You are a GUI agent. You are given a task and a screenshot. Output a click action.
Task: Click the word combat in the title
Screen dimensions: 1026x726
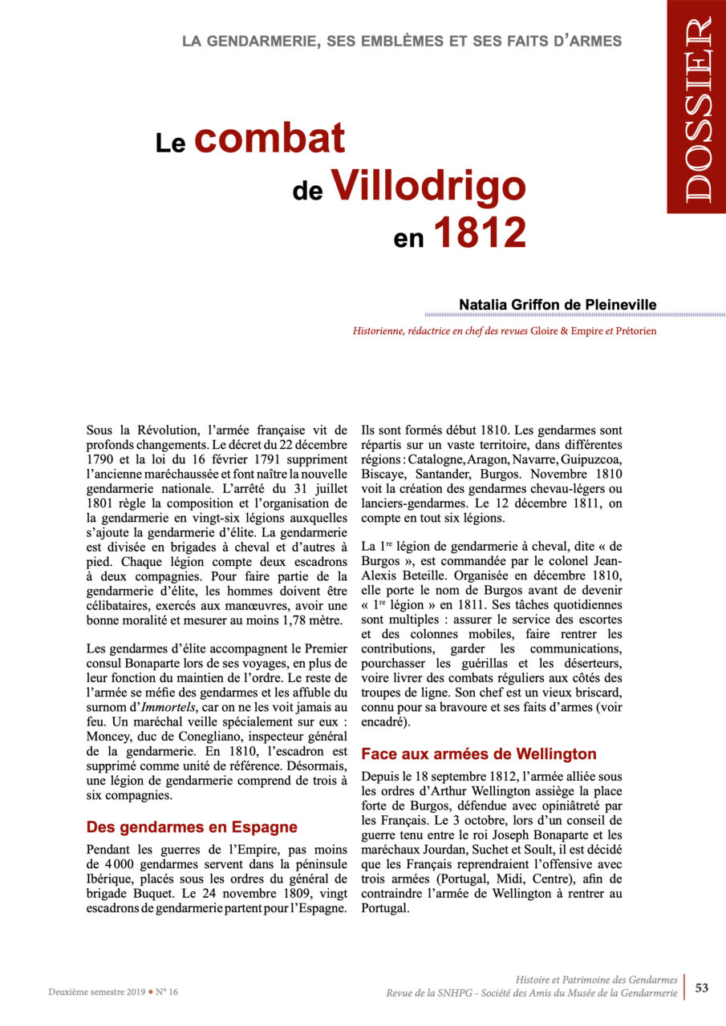point(270,139)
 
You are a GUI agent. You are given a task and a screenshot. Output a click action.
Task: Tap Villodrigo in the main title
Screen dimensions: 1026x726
point(428,185)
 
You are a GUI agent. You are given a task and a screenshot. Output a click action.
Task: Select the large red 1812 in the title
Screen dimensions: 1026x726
point(479,232)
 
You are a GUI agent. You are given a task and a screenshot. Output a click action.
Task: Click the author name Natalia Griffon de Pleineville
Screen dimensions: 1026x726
point(558,305)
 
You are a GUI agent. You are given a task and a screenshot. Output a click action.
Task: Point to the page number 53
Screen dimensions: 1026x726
point(701,988)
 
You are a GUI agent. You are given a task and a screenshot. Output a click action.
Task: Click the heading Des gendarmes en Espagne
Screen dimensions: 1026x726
point(192,826)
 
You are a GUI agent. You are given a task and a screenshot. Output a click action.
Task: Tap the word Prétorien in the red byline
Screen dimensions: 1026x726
point(631,330)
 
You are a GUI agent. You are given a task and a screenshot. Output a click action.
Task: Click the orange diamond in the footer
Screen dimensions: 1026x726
point(150,992)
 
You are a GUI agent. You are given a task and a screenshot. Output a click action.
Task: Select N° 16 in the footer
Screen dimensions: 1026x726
point(167,992)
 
